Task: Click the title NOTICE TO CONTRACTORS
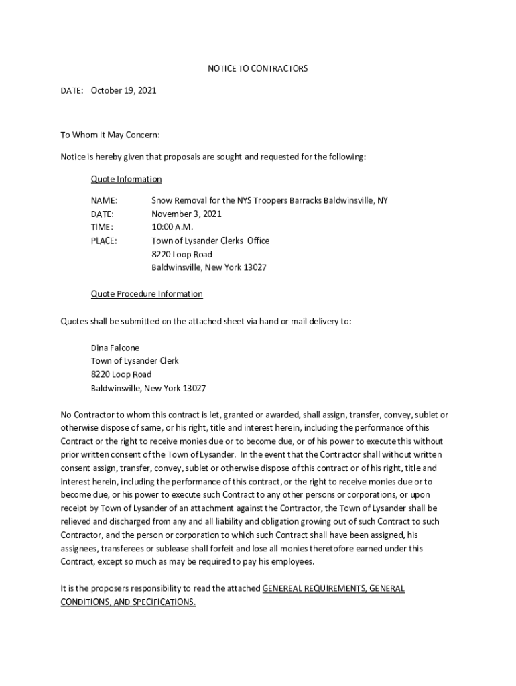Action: tap(257, 69)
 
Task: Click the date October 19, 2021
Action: tap(123, 90)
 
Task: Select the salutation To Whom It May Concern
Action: tap(111, 135)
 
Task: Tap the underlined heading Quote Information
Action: tap(126, 179)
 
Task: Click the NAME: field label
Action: tap(104, 200)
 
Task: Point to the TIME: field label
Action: tap(102, 227)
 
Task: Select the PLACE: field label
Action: tap(104, 241)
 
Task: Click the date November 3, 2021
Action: tap(186, 214)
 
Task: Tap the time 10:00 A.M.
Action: tap(172, 227)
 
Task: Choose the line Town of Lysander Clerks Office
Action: tap(210, 241)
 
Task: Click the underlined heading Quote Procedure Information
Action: tap(147, 294)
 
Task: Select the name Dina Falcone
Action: tap(115, 348)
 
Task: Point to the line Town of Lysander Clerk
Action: tap(135, 361)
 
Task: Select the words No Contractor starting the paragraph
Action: tap(88, 415)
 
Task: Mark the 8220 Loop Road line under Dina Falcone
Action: tap(121, 374)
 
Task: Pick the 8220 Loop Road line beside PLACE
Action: tap(182, 254)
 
